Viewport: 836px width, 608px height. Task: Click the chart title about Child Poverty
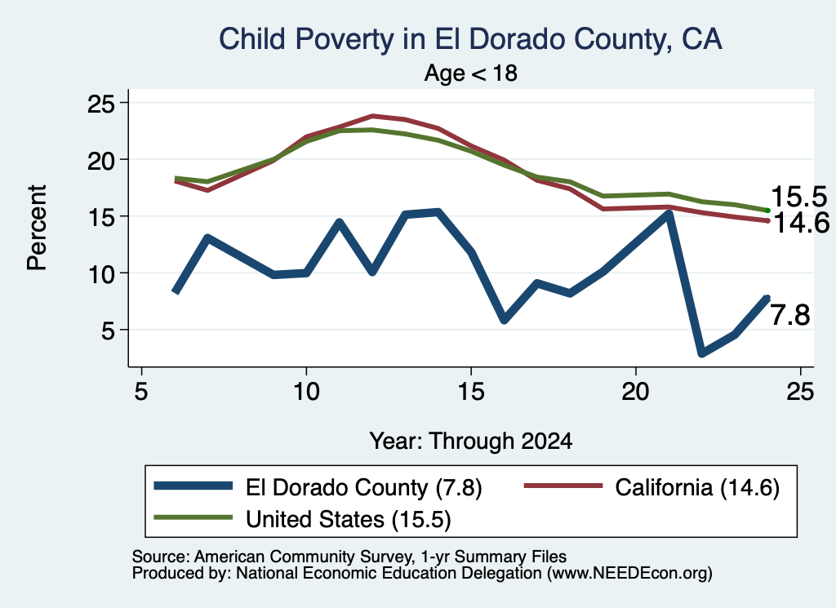pyautogui.click(x=470, y=39)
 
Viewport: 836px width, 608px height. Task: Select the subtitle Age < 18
pyautogui.click(x=471, y=73)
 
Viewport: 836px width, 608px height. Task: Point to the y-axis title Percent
pyautogui.click(x=37, y=228)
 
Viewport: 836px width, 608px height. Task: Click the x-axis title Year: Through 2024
pyautogui.click(x=471, y=442)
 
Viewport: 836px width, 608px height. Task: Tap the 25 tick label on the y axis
pyautogui.click(x=101, y=104)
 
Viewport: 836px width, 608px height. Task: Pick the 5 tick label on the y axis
pyautogui.click(x=109, y=331)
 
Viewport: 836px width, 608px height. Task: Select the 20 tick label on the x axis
pyautogui.click(x=635, y=393)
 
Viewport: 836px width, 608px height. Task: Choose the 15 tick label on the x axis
pyautogui.click(x=471, y=393)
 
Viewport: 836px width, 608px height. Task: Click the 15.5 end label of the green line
pyautogui.click(x=798, y=197)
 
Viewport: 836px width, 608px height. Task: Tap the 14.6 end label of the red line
pyautogui.click(x=801, y=222)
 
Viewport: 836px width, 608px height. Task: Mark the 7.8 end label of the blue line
pyautogui.click(x=790, y=315)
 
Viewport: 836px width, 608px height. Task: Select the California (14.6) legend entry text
pyautogui.click(x=697, y=487)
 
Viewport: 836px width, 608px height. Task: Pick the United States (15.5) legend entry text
pyautogui.click(x=348, y=519)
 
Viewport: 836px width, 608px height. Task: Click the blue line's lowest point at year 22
pyautogui.click(x=701, y=353)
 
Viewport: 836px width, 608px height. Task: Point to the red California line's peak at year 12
pyautogui.click(x=372, y=116)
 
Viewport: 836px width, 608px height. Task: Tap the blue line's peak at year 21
pyautogui.click(x=669, y=214)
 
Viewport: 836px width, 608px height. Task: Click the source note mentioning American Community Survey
pyautogui.click(x=349, y=557)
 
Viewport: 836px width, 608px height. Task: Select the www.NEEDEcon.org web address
pyautogui.click(x=629, y=574)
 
